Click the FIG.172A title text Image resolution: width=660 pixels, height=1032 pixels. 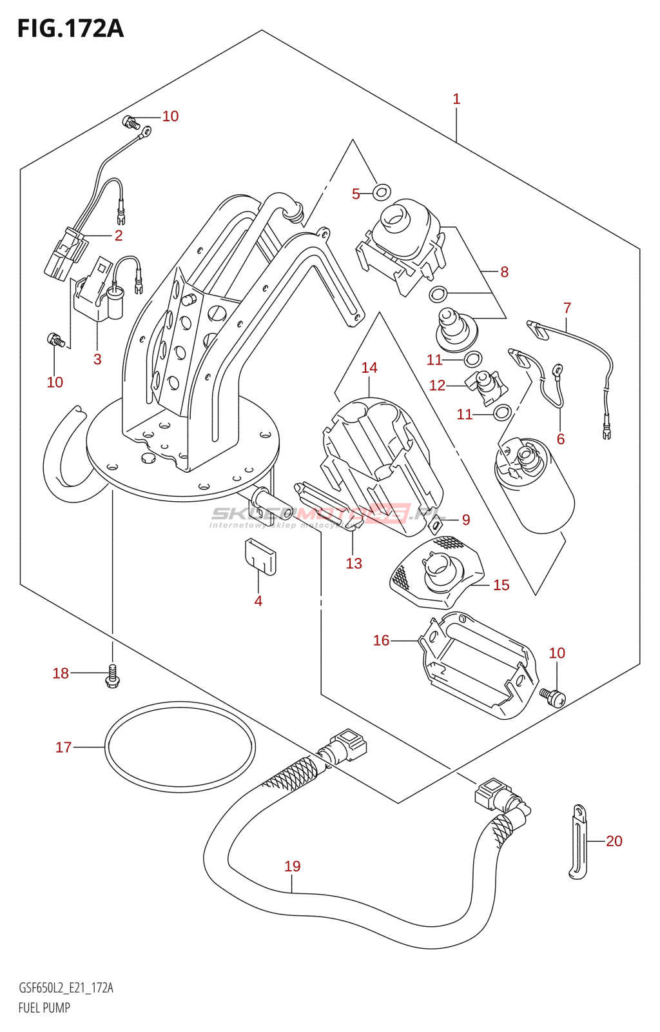click(x=70, y=29)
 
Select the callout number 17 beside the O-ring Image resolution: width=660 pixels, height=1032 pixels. click(x=63, y=748)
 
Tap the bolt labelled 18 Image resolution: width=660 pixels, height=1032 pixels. click(x=113, y=676)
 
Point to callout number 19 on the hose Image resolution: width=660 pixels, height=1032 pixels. click(x=293, y=866)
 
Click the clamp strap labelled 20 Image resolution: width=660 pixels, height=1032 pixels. click(x=578, y=842)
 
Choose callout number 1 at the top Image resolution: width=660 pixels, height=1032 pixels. click(x=456, y=99)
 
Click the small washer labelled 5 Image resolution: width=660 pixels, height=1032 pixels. click(x=382, y=192)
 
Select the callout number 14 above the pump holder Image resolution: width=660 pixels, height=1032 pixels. click(x=369, y=368)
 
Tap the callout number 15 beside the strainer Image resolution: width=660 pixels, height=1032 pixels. click(x=501, y=585)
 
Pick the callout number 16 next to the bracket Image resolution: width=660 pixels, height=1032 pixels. click(x=382, y=640)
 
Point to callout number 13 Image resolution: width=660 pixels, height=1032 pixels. click(x=354, y=564)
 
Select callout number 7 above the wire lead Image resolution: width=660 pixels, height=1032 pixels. click(x=567, y=308)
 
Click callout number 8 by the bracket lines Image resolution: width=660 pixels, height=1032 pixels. click(x=504, y=272)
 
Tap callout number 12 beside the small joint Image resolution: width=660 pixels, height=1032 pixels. click(x=437, y=386)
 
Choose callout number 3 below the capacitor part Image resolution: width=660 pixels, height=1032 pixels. click(x=97, y=359)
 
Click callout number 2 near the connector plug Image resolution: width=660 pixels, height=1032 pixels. click(x=119, y=235)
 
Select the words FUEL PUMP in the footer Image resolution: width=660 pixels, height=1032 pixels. click(x=44, y=1007)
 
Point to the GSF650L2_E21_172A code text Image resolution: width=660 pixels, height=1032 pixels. click(x=66, y=988)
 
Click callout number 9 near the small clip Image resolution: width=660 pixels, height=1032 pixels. click(x=466, y=520)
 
